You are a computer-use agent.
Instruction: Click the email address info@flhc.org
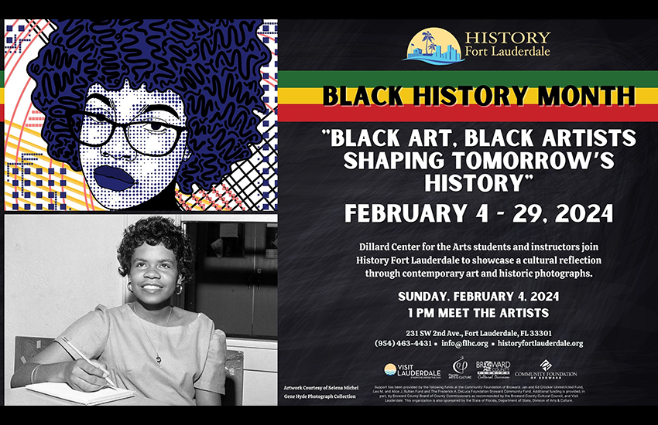pos(464,343)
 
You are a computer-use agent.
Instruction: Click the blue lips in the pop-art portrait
pos(115,176)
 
